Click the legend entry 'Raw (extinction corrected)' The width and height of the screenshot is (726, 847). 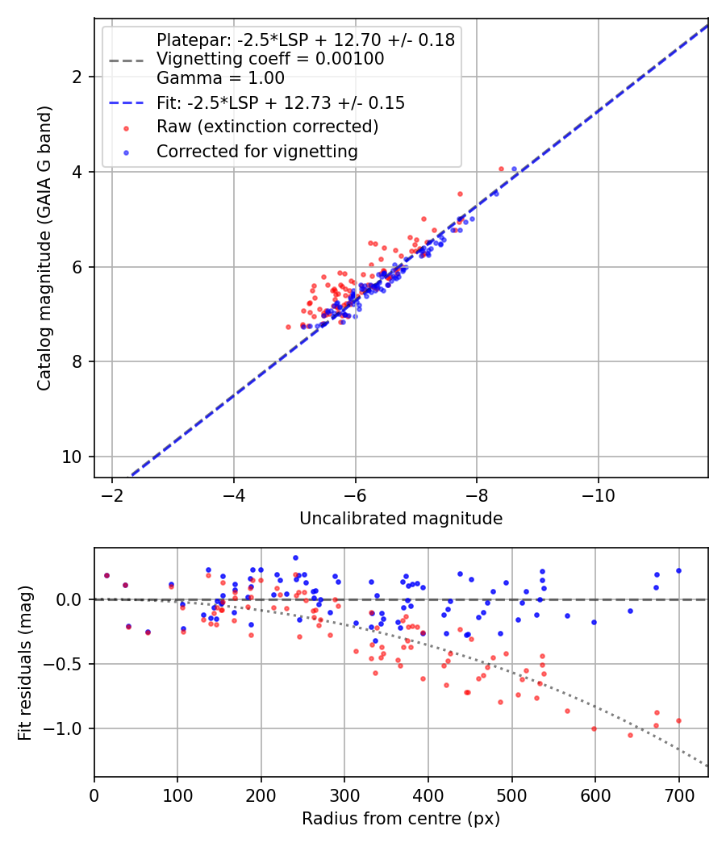click(x=267, y=127)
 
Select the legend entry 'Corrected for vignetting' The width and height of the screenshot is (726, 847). click(x=257, y=151)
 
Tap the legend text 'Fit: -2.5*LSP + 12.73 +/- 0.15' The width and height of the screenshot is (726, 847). click(x=280, y=103)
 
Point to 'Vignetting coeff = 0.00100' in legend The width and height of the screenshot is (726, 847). click(x=270, y=59)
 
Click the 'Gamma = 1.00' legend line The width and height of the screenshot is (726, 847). click(x=220, y=79)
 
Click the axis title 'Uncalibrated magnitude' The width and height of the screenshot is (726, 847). click(x=401, y=519)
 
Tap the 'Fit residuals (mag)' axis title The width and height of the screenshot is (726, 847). click(x=25, y=661)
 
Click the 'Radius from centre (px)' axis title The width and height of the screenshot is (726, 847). click(x=401, y=819)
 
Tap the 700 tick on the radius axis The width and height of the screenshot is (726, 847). click(x=678, y=794)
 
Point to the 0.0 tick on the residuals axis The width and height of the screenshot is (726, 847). click(x=73, y=599)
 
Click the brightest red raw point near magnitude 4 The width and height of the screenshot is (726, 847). click(x=501, y=169)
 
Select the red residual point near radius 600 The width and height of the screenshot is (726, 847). click(x=594, y=728)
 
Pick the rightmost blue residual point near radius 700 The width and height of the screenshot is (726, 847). click(x=678, y=570)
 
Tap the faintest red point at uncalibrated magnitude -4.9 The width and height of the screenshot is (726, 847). click(x=288, y=327)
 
